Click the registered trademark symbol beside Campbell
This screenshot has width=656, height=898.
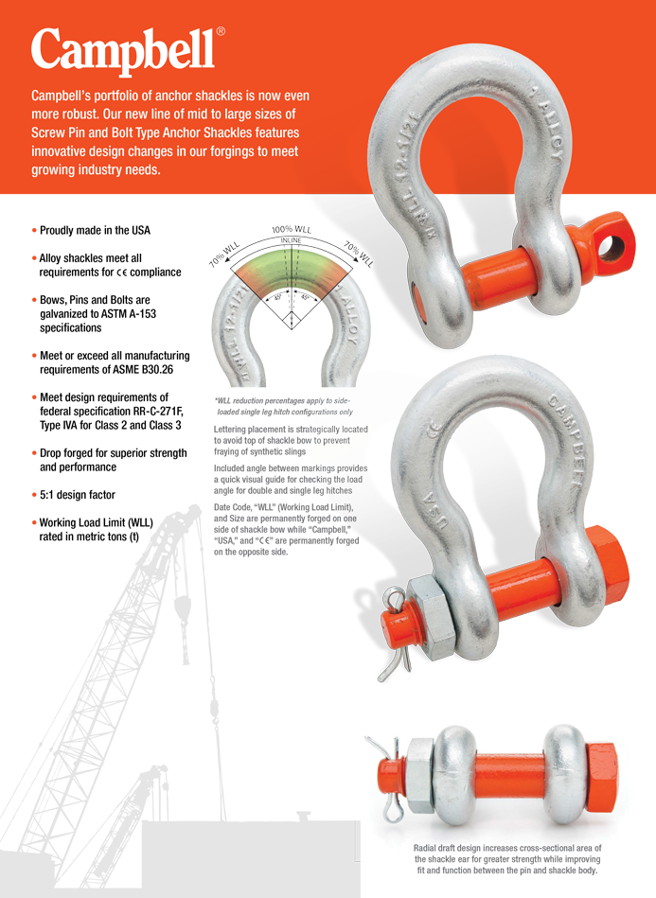pos(221,31)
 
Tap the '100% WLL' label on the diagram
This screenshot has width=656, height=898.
pos(292,230)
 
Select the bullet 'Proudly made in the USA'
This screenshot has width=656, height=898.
pos(95,230)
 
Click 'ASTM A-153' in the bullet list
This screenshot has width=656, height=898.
pos(134,314)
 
